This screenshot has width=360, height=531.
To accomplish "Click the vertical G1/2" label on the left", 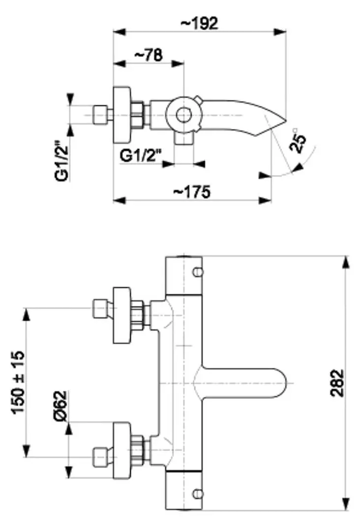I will pos(61,162).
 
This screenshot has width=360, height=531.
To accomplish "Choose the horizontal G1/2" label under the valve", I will pos(141,157).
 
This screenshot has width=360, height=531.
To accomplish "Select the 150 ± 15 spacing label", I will pos(18,382).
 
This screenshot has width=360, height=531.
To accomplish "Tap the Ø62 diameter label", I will pos(60,406).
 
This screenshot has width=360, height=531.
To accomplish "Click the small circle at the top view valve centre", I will pos(183,115).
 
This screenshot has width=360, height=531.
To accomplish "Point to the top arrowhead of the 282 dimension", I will pos(346,262).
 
